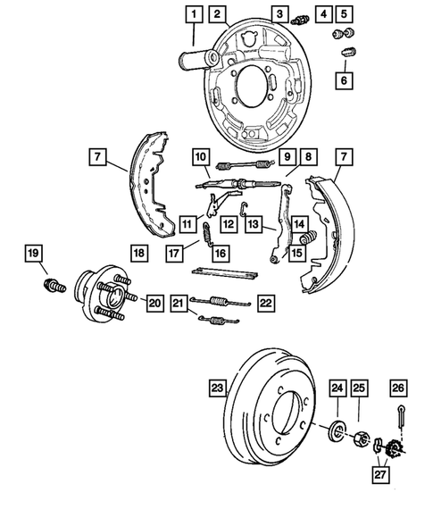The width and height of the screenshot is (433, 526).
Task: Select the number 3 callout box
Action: tap(280, 13)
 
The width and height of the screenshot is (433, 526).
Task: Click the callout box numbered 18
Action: tap(139, 253)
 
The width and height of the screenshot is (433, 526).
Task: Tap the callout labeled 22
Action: tap(265, 303)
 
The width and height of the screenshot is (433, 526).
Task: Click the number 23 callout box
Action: tap(216, 388)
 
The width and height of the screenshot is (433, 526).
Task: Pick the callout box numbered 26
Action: tap(398, 388)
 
